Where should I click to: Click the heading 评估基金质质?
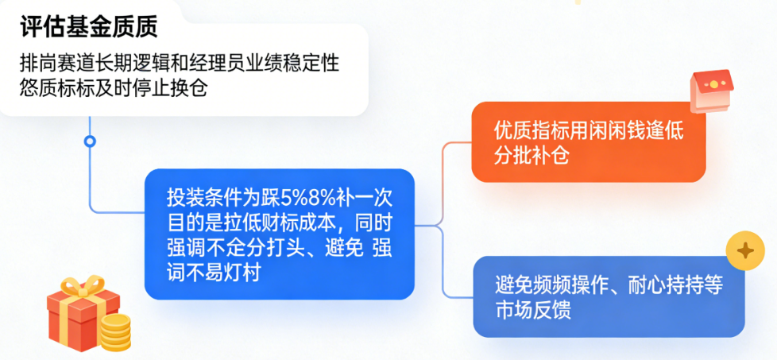tap(89, 27)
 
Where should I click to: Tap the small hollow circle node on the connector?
tap(90, 141)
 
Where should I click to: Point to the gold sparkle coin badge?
tap(745, 252)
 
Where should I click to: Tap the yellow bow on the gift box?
tap(83, 287)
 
